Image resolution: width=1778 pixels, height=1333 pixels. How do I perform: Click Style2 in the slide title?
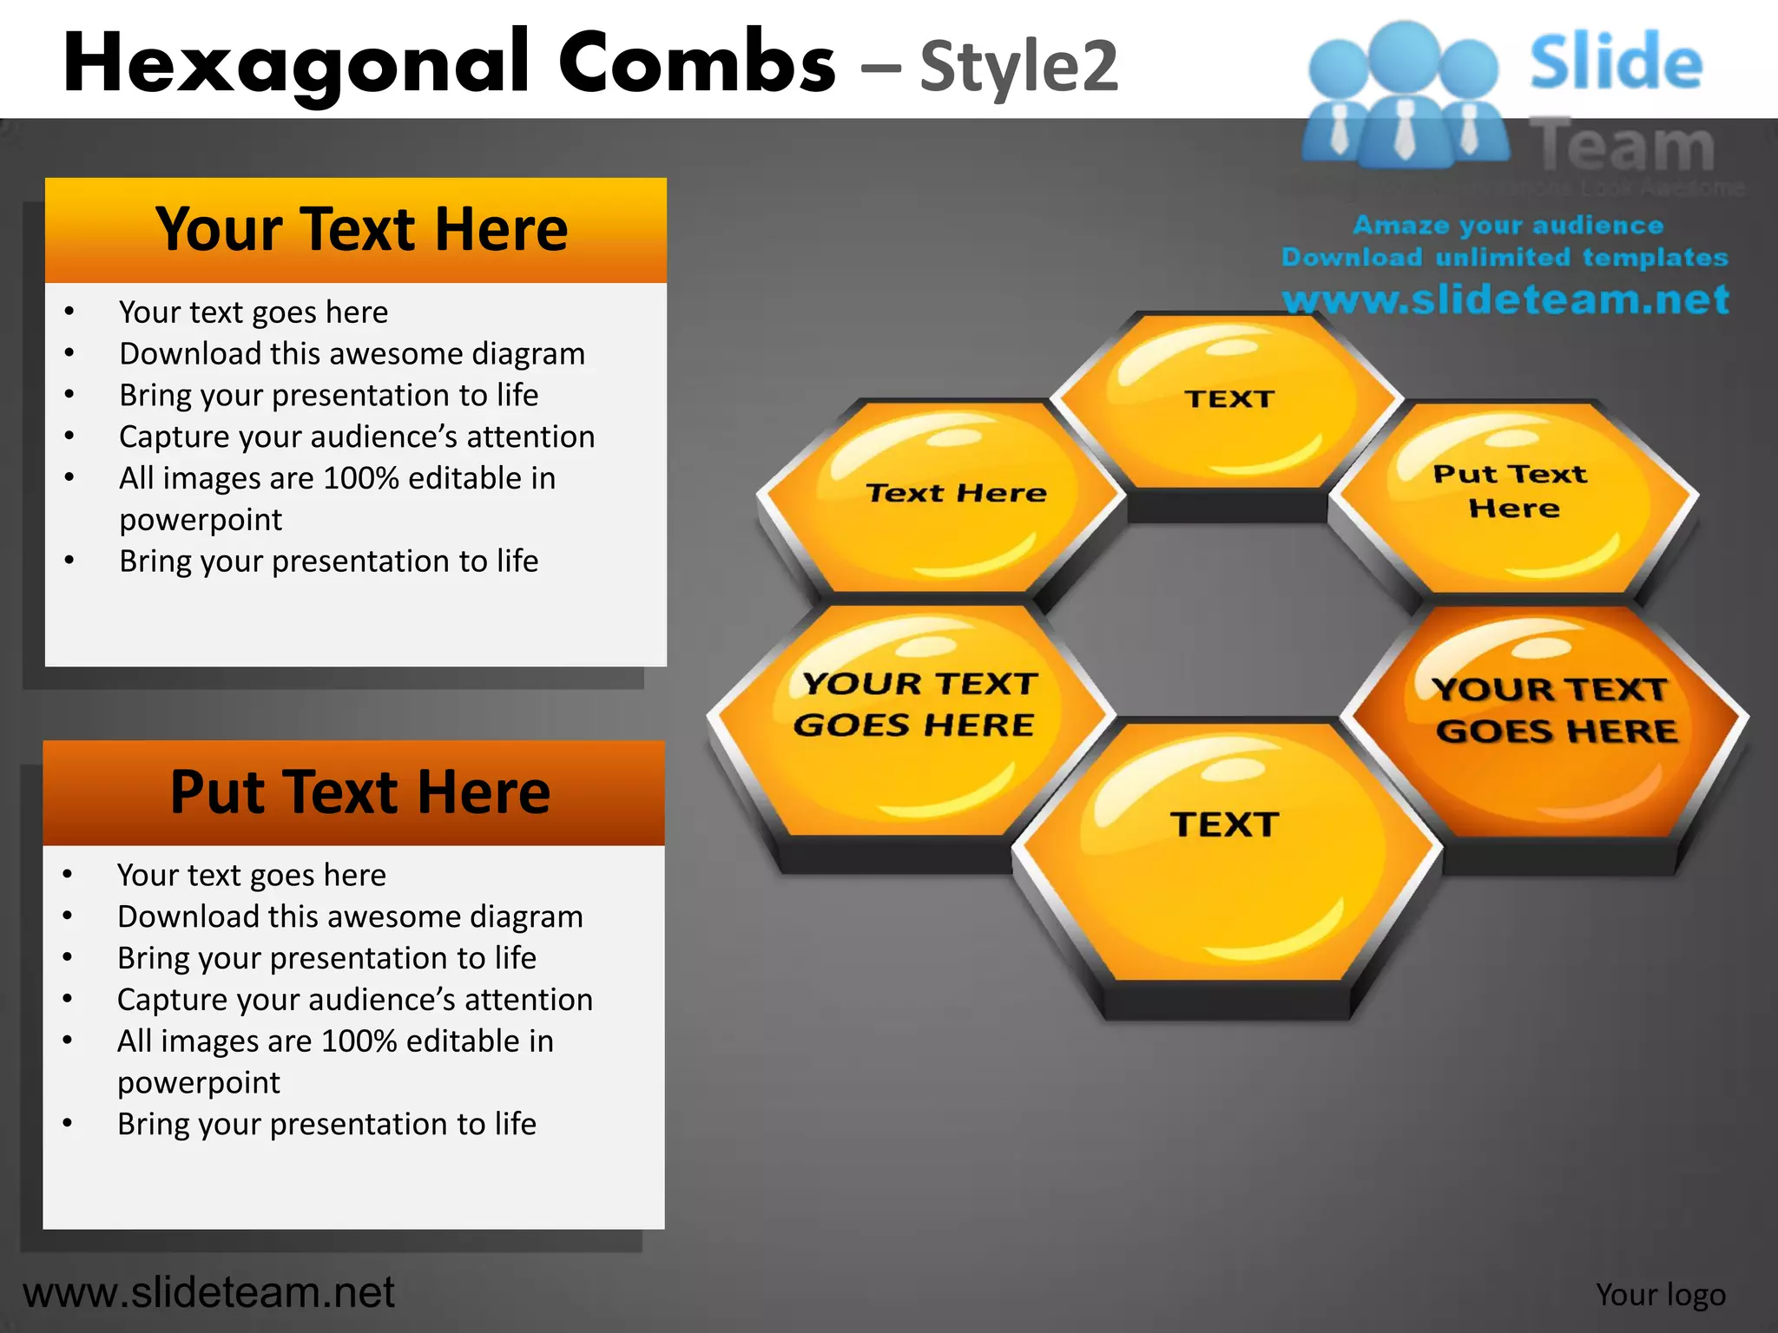pos(1018,67)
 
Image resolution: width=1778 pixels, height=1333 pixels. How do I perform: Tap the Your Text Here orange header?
pos(356,230)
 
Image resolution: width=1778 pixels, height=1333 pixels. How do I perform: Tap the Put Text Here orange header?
pos(354,792)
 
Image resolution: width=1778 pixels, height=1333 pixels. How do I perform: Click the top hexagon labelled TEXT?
pos(1228,404)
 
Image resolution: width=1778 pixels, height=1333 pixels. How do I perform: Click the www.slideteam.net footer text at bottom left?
pos(208,1292)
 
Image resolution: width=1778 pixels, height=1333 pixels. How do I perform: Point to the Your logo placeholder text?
pos(1660,1294)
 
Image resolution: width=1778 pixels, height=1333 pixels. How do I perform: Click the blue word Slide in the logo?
pos(1615,62)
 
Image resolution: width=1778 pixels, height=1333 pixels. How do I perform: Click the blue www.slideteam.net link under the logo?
pos(1506,299)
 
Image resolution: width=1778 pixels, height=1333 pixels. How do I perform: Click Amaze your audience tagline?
pos(1508,225)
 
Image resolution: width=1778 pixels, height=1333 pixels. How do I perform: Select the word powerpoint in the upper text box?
pos(201,520)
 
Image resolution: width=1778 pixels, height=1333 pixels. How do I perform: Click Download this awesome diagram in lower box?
pos(350,916)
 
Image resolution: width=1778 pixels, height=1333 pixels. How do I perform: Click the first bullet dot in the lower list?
pos(68,875)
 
